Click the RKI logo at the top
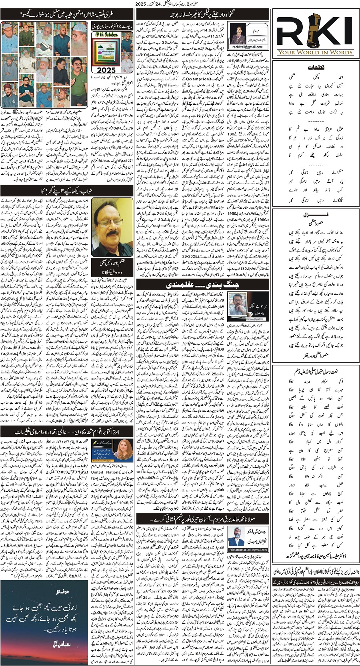click(316, 33)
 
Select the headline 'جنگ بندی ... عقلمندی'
click(190, 285)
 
